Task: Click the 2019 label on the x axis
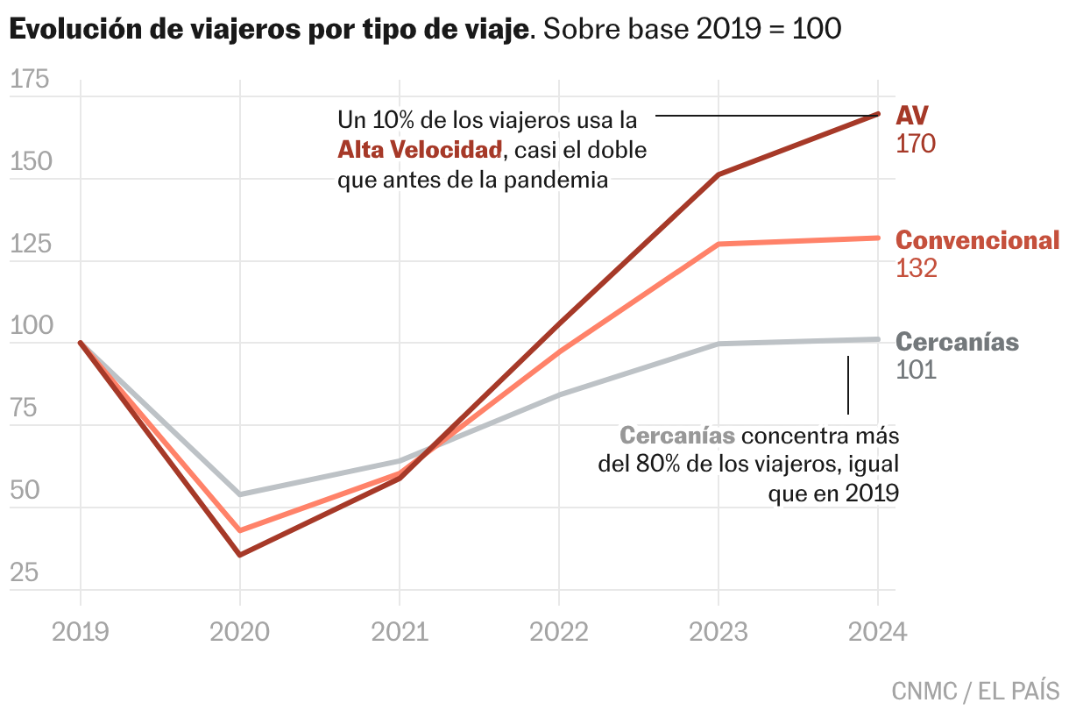click(x=81, y=631)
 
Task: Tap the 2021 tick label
click(x=400, y=631)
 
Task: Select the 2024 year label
click(x=878, y=631)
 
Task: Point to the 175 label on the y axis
click(x=30, y=81)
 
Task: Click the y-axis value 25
click(x=25, y=573)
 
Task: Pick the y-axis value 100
click(x=30, y=327)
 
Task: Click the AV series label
click(x=912, y=116)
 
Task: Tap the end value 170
click(x=916, y=144)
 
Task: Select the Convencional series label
click(x=977, y=240)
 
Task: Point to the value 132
click(x=917, y=268)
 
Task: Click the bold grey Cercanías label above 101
click(x=958, y=342)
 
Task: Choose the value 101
click(x=917, y=370)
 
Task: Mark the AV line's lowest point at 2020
click(x=240, y=555)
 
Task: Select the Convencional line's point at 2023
click(x=719, y=244)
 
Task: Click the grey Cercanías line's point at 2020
click(x=240, y=494)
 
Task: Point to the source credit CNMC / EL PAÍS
click(x=974, y=691)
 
